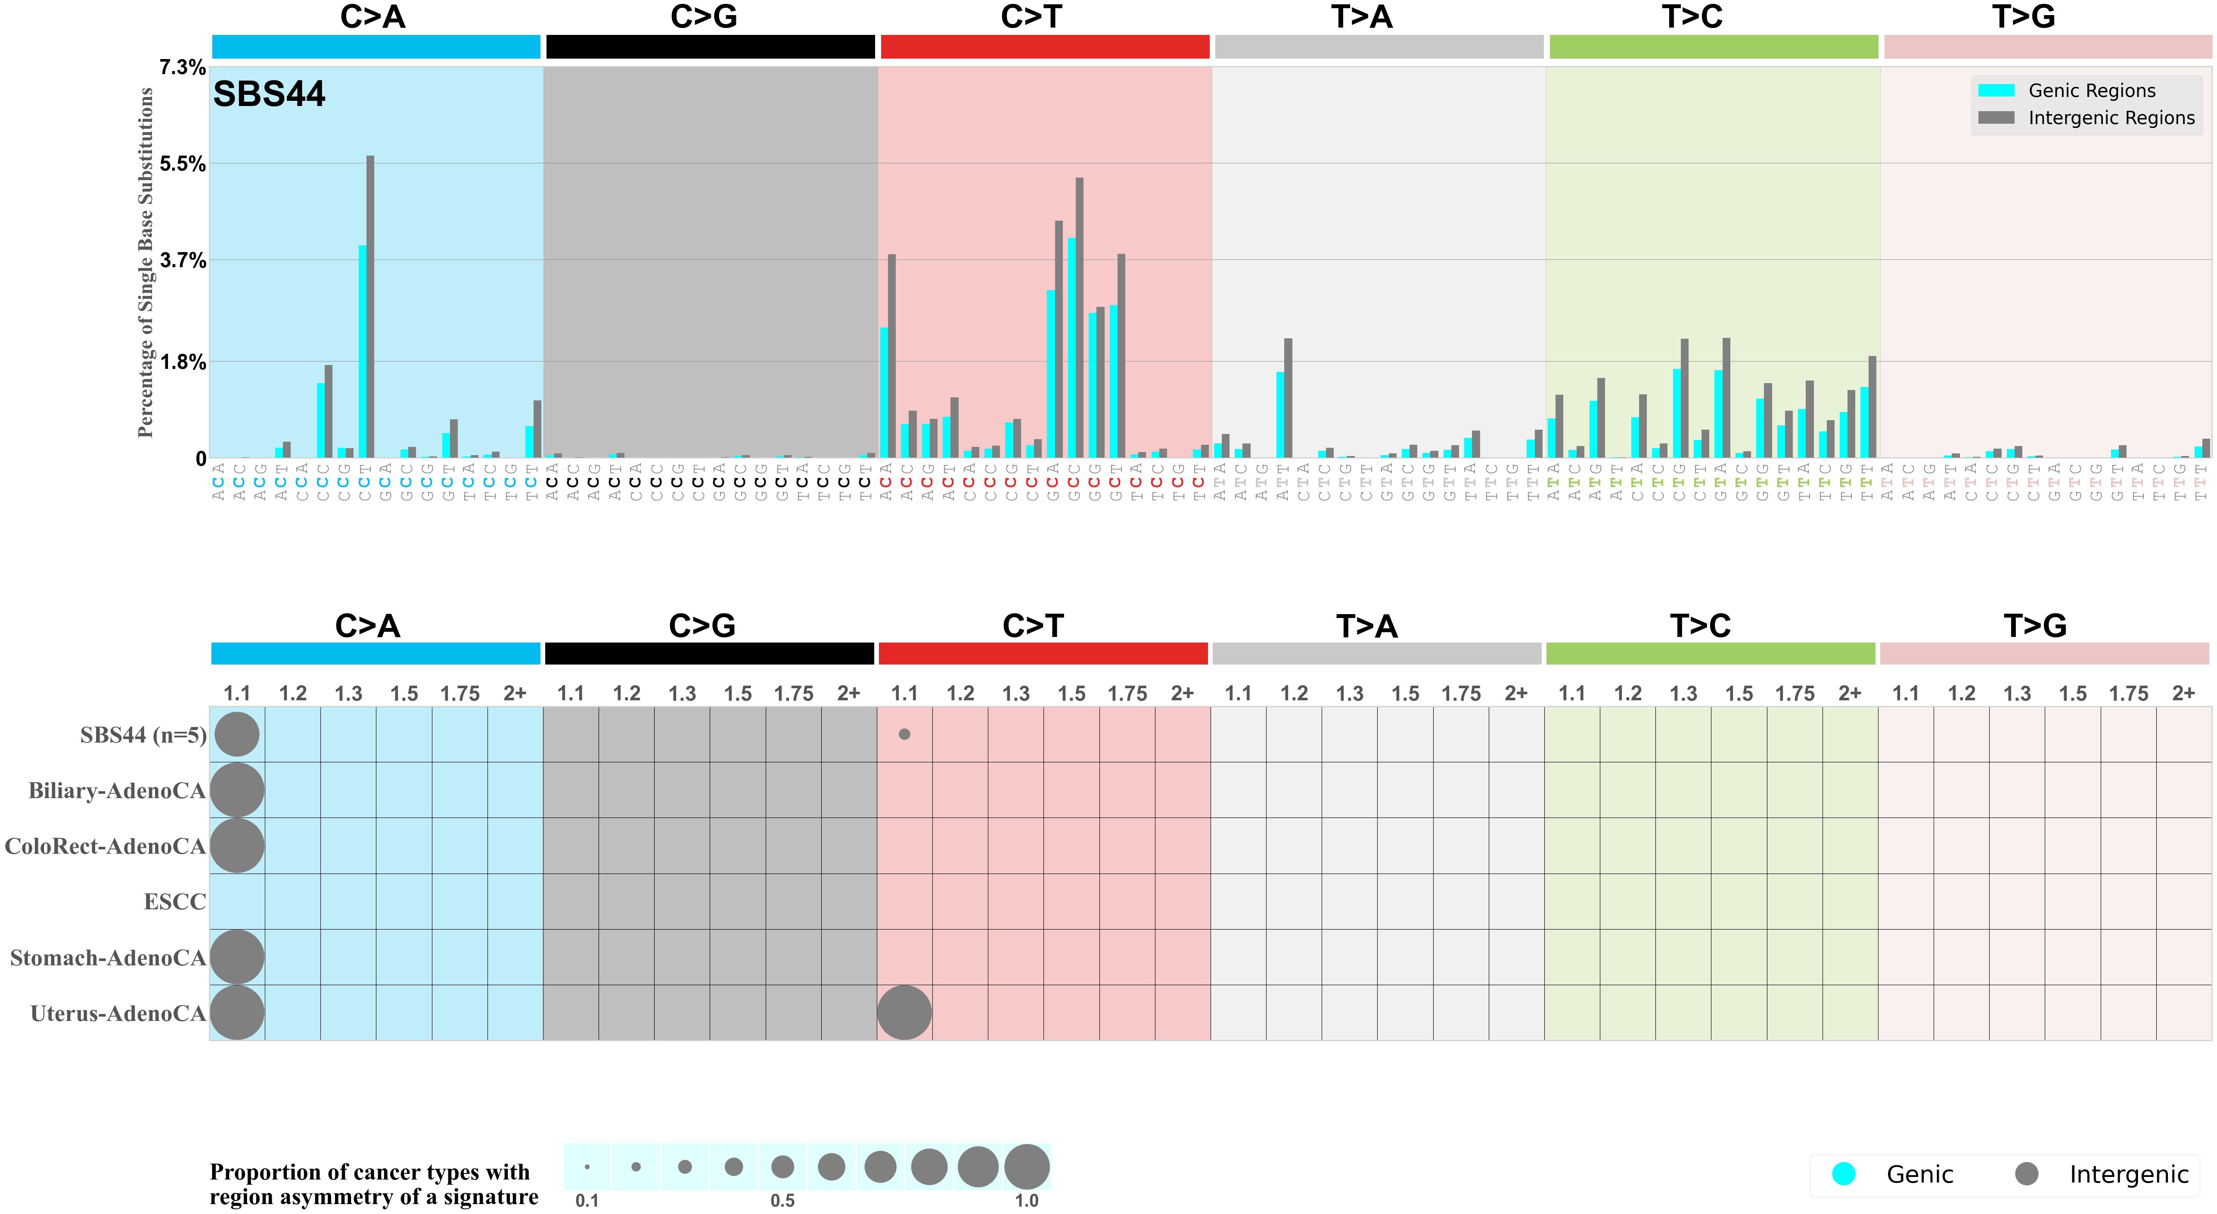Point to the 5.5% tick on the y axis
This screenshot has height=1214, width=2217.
(183, 164)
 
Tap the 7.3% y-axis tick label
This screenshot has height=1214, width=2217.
(183, 67)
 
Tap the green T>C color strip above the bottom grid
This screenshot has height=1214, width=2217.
(1710, 653)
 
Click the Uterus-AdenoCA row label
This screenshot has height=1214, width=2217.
(118, 1013)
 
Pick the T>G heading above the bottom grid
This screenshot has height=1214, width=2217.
(2034, 626)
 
